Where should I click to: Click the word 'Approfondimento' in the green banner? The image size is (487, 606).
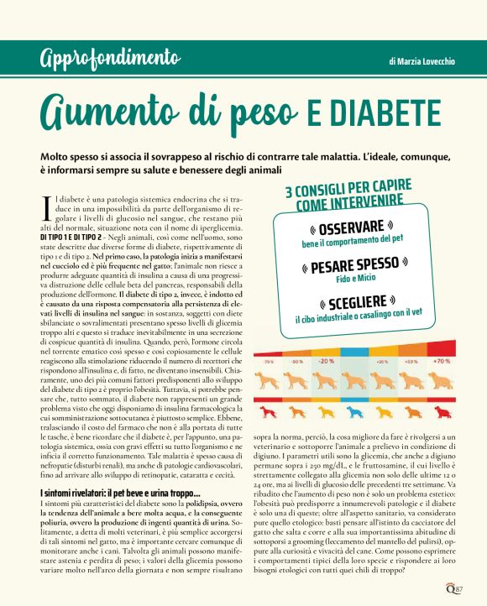[x=109, y=59]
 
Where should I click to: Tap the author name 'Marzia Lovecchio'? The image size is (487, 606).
[x=423, y=61]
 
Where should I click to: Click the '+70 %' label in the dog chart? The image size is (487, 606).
[x=441, y=361]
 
